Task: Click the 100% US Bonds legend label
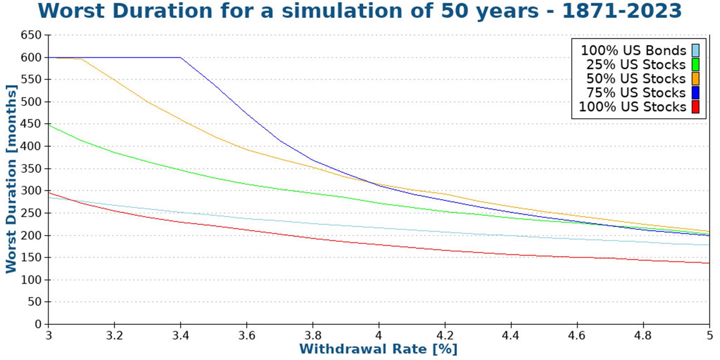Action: (x=633, y=51)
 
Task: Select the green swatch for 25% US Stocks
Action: (x=695, y=64)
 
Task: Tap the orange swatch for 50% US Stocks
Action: (x=695, y=79)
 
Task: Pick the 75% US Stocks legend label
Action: (x=636, y=93)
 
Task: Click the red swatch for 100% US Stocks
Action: (x=695, y=107)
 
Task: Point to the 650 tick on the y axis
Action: (x=31, y=35)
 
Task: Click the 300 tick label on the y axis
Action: (x=31, y=191)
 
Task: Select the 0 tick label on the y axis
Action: (x=38, y=324)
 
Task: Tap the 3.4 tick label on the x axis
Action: (x=180, y=335)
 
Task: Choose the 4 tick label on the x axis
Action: (x=379, y=335)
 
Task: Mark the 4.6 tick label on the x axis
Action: (x=577, y=335)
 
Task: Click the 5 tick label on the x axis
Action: (x=709, y=335)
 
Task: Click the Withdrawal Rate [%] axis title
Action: (x=378, y=349)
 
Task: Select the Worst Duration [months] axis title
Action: (x=11, y=179)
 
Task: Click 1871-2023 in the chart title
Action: (x=621, y=11)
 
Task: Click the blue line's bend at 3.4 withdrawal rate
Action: (x=180, y=57)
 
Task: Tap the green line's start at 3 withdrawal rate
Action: (x=49, y=125)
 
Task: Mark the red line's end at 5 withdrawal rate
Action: (x=709, y=263)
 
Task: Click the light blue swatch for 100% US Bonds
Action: (x=695, y=51)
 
